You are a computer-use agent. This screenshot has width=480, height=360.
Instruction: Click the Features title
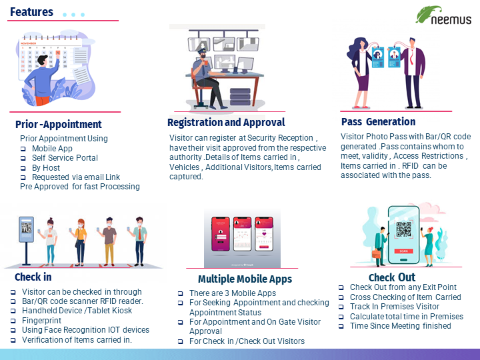(x=31, y=12)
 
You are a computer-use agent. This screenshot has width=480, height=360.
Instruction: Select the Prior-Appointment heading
(x=59, y=124)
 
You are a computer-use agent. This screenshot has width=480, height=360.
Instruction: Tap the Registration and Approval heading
(x=226, y=123)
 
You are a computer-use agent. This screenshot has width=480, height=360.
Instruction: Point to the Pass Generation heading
(x=379, y=121)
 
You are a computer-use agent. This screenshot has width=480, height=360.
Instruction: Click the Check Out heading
(x=392, y=277)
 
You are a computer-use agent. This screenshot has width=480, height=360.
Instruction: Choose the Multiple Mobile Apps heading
(x=245, y=279)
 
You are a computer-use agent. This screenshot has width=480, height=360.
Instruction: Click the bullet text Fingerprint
(x=41, y=320)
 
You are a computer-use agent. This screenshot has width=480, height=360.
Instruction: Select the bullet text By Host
(x=46, y=168)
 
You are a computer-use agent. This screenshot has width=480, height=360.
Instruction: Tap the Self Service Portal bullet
(x=65, y=157)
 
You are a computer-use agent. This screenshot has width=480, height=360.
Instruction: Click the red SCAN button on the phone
(x=403, y=251)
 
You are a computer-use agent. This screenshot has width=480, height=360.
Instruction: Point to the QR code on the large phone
(x=404, y=229)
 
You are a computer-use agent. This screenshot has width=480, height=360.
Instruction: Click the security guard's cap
(x=202, y=51)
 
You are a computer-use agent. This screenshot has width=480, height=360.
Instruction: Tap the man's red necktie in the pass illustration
(x=411, y=57)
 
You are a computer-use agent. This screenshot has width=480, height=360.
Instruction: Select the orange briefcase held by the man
(x=376, y=253)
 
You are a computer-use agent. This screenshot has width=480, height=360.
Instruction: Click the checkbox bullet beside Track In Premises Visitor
(x=341, y=307)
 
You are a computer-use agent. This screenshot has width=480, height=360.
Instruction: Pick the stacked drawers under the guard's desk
(x=240, y=96)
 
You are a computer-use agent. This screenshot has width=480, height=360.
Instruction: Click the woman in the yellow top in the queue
(x=80, y=242)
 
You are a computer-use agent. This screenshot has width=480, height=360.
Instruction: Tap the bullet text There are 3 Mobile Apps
(x=233, y=293)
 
